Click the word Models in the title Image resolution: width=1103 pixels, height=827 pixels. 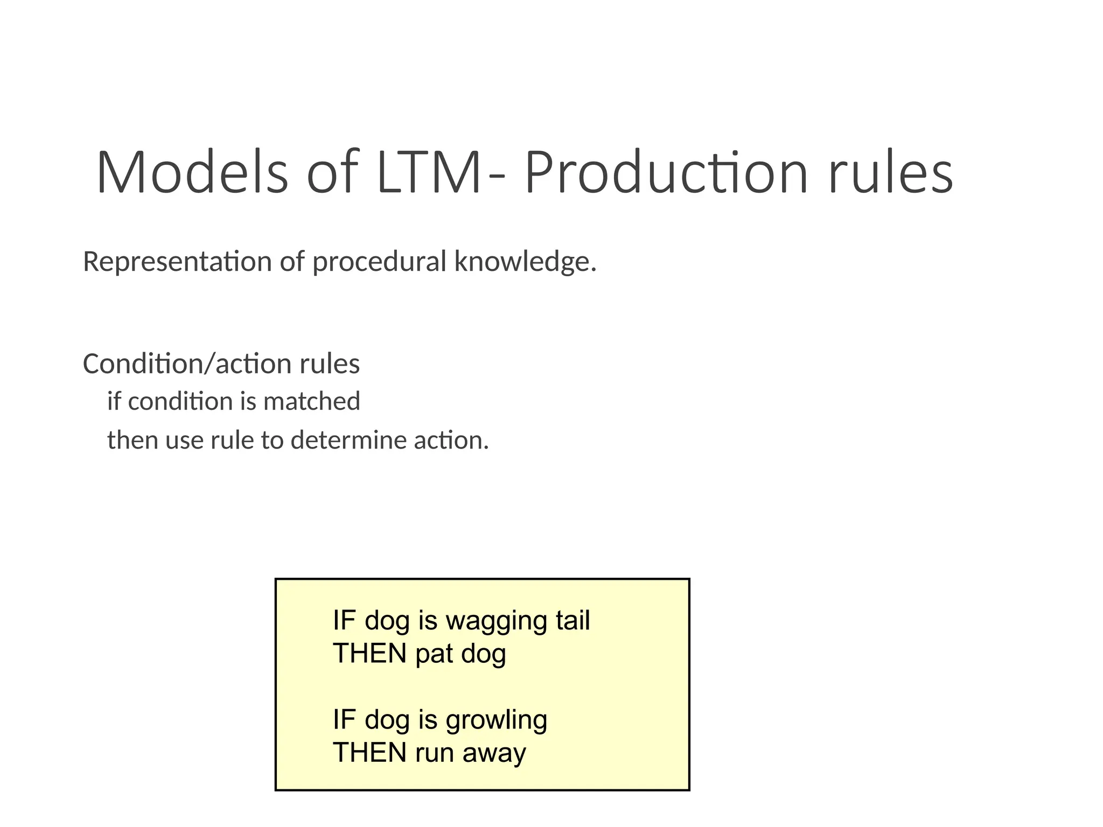[x=192, y=172]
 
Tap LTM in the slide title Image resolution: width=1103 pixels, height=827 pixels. [x=428, y=172]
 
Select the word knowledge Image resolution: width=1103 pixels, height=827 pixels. [x=525, y=263]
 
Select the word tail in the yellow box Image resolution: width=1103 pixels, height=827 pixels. [x=573, y=620]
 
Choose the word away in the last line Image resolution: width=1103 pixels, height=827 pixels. [x=494, y=753]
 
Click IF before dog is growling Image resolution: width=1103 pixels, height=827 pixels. [x=344, y=720]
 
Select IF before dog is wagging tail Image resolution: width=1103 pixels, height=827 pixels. [x=344, y=620]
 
